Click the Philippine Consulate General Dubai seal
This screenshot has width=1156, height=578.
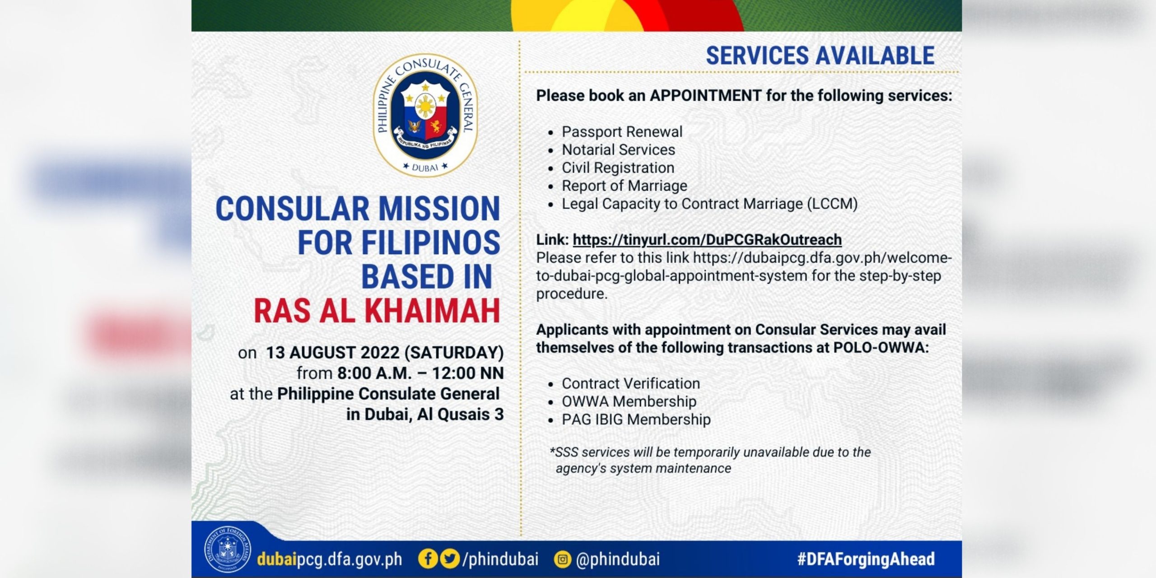coord(425,116)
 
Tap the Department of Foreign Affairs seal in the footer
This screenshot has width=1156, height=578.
coord(227,550)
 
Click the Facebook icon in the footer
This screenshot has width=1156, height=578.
coord(427,559)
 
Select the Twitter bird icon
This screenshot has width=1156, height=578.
coord(449,559)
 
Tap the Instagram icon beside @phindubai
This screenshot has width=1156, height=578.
coord(563,559)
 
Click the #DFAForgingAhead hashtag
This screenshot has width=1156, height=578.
coord(866,559)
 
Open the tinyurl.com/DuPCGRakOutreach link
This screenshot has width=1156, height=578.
coord(707,239)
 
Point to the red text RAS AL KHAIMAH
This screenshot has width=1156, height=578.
coord(377,311)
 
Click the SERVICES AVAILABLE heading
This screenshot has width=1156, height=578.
coord(820,56)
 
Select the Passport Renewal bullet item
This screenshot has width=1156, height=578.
coord(622,132)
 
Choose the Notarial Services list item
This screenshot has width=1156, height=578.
coord(618,150)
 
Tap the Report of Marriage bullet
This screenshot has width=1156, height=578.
coord(624,186)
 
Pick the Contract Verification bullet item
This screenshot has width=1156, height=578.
coord(631,384)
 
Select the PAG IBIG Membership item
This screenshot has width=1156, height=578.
coord(636,420)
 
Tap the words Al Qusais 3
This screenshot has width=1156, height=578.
coord(460,415)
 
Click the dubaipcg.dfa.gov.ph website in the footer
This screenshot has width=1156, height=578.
coord(329,559)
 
